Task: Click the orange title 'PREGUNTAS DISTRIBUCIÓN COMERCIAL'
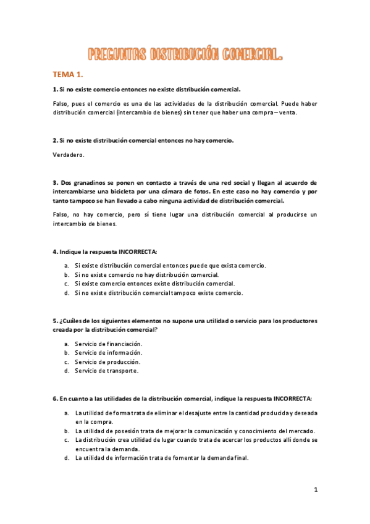coord(185,56)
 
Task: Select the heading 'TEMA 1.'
coord(67,75)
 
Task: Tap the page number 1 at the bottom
coord(316,489)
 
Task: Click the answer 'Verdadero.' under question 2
coord(68,154)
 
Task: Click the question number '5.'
coord(55,321)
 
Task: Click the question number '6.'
coord(55,399)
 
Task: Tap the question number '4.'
coord(55,252)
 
